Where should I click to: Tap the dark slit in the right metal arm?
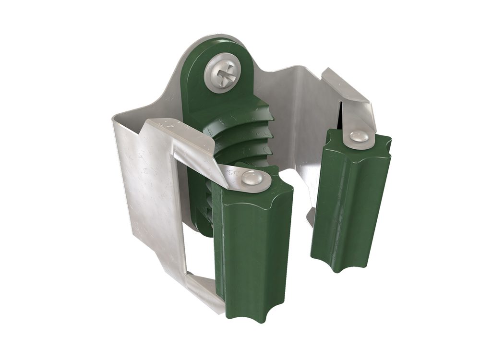coord(341,115)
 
